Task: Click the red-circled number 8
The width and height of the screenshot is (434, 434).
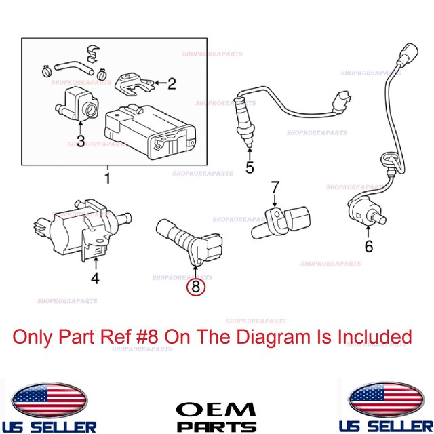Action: [x=195, y=287]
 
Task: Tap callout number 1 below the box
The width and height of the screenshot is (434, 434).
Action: [x=106, y=179]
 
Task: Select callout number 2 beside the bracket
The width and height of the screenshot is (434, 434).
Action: [x=172, y=84]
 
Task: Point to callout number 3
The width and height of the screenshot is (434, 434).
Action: [x=80, y=141]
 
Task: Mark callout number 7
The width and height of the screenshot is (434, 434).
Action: [x=275, y=186]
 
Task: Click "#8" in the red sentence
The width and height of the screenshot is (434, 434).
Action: [x=173, y=336]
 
